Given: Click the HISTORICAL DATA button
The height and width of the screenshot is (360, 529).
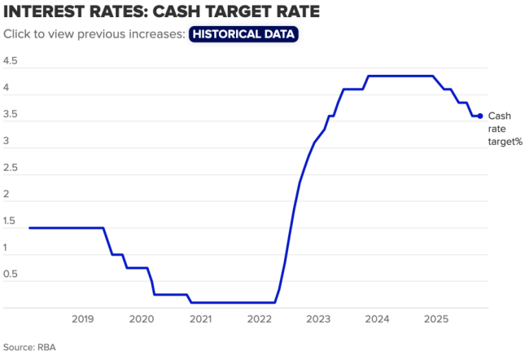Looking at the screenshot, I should pyautogui.click(x=243, y=34).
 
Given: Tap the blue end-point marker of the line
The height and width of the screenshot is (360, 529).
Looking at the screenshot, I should pyautogui.click(x=480, y=116).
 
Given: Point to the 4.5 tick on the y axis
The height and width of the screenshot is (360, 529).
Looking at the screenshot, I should pyautogui.click(x=11, y=62).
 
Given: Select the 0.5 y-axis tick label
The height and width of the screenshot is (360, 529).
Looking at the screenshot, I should pyautogui.click(x=11, y=274).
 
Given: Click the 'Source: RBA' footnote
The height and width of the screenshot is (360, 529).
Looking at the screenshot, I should pyautogui.click(x=28, y=346).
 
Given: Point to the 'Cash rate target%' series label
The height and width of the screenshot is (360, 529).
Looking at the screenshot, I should pyautogui.click(x=504, y=129).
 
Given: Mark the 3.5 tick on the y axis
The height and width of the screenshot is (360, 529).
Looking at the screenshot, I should pyautogui.click(x=11, y=115).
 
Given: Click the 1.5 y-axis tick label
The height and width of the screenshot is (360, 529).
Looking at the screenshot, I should pyautogui.click(x=11, y=221).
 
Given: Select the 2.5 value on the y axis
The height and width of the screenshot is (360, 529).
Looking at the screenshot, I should pyautogui.click(x=11, y=168).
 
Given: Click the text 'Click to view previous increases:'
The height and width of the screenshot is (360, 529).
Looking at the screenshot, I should pyautogui.click(x=94, y=34).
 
